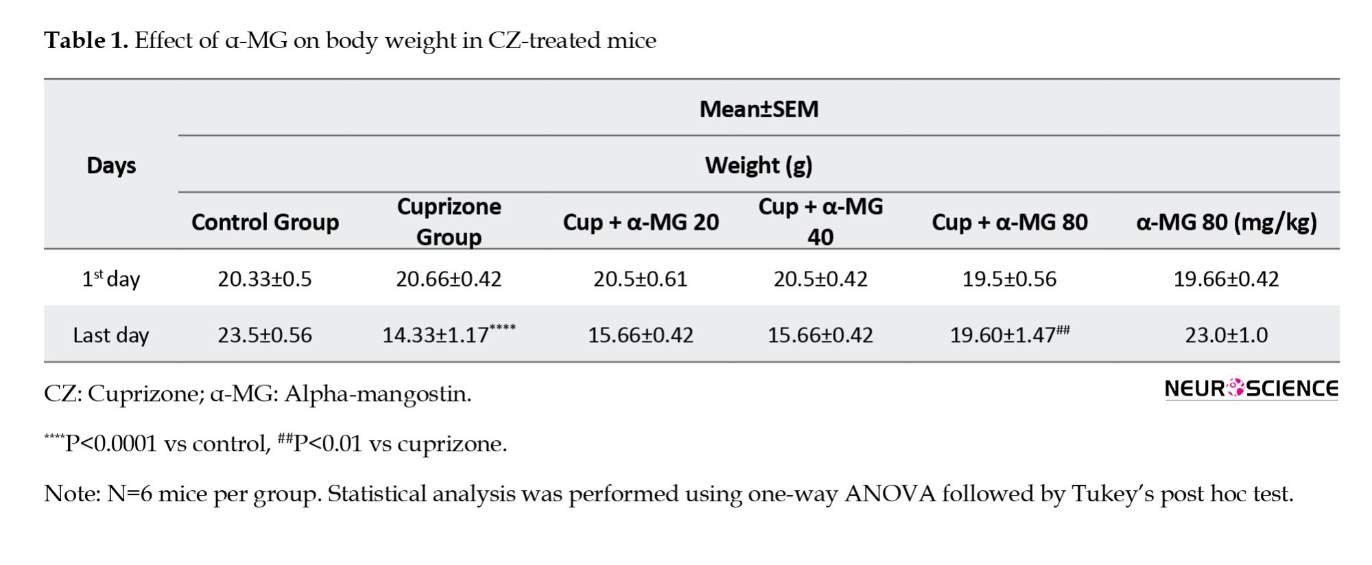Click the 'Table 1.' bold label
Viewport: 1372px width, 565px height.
86,40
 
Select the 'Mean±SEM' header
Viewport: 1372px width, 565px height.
759,109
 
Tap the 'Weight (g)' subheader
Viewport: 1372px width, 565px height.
759,165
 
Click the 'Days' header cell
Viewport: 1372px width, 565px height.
111,165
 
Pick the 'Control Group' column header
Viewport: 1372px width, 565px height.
265,222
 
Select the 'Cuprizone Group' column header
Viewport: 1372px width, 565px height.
449,221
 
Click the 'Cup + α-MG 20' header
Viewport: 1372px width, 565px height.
641,222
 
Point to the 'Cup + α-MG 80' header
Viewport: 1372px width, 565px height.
1009,222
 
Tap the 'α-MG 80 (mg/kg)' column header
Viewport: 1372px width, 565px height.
1226,222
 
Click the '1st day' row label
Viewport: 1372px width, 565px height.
111,279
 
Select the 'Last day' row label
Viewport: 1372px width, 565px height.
111,335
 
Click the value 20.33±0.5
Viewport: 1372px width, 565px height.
265,279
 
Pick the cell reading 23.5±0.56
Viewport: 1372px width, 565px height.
265,335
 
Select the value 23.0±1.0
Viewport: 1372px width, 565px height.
1226,335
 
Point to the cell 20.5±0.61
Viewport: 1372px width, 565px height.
641,279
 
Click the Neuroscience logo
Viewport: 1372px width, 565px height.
1251,389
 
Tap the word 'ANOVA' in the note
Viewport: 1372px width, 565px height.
890,494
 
